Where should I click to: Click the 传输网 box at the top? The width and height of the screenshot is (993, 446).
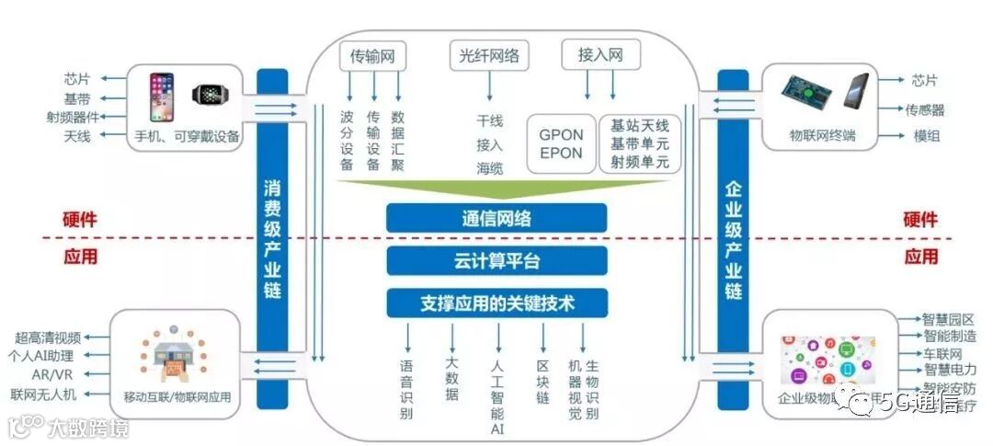[372, 56]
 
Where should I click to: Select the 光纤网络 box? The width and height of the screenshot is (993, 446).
[490, 56]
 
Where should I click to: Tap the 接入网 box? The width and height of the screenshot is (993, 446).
[599, 56]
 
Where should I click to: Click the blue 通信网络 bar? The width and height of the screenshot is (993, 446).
[496, 219]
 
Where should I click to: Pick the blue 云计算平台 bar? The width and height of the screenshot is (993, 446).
[496, 260]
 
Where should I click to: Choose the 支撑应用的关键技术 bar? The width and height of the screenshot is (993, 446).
[496, 302]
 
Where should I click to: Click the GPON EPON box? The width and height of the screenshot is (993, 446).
[561, 144]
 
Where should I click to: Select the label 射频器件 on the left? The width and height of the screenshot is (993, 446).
[72, 117]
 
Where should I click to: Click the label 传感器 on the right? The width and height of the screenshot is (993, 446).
[924, 109]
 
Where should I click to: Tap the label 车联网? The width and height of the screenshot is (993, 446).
[942, 353]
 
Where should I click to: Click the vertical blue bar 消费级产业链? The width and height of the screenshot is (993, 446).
[271, 239]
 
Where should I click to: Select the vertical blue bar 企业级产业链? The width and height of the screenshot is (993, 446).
[733, 239]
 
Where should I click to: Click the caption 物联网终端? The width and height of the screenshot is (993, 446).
[822, 136]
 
